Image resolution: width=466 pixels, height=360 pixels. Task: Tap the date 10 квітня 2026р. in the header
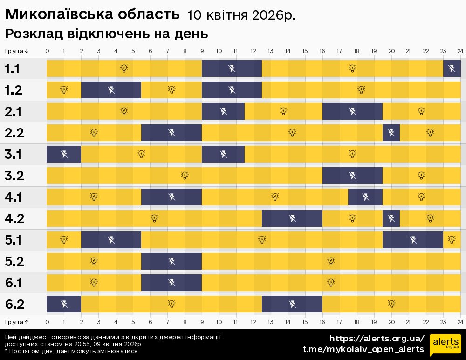point(241,15)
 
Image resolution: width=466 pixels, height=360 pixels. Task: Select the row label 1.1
point(13,69)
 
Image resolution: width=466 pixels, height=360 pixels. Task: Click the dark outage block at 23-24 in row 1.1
point(452,69)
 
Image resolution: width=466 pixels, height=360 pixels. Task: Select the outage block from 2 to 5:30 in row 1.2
point(111,90)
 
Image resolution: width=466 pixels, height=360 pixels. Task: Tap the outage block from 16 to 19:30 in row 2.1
point(352,111)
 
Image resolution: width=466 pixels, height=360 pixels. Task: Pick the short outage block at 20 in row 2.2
point(391,133)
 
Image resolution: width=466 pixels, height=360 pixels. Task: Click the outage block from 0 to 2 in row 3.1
point(64,154)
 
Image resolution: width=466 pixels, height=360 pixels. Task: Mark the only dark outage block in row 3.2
point(352,176)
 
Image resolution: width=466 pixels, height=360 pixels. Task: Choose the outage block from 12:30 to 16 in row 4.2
point(292,218)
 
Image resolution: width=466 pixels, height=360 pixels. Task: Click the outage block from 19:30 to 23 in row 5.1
point(412,240)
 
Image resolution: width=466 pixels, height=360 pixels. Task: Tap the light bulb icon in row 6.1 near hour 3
point(94,282)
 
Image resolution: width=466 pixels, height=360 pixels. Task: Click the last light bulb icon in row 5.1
point(451,239)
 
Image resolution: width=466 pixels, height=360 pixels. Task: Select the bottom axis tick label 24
point(460,322)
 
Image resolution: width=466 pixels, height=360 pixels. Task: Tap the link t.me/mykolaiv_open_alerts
point(363,349)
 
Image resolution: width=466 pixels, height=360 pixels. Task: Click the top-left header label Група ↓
point(17,51)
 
